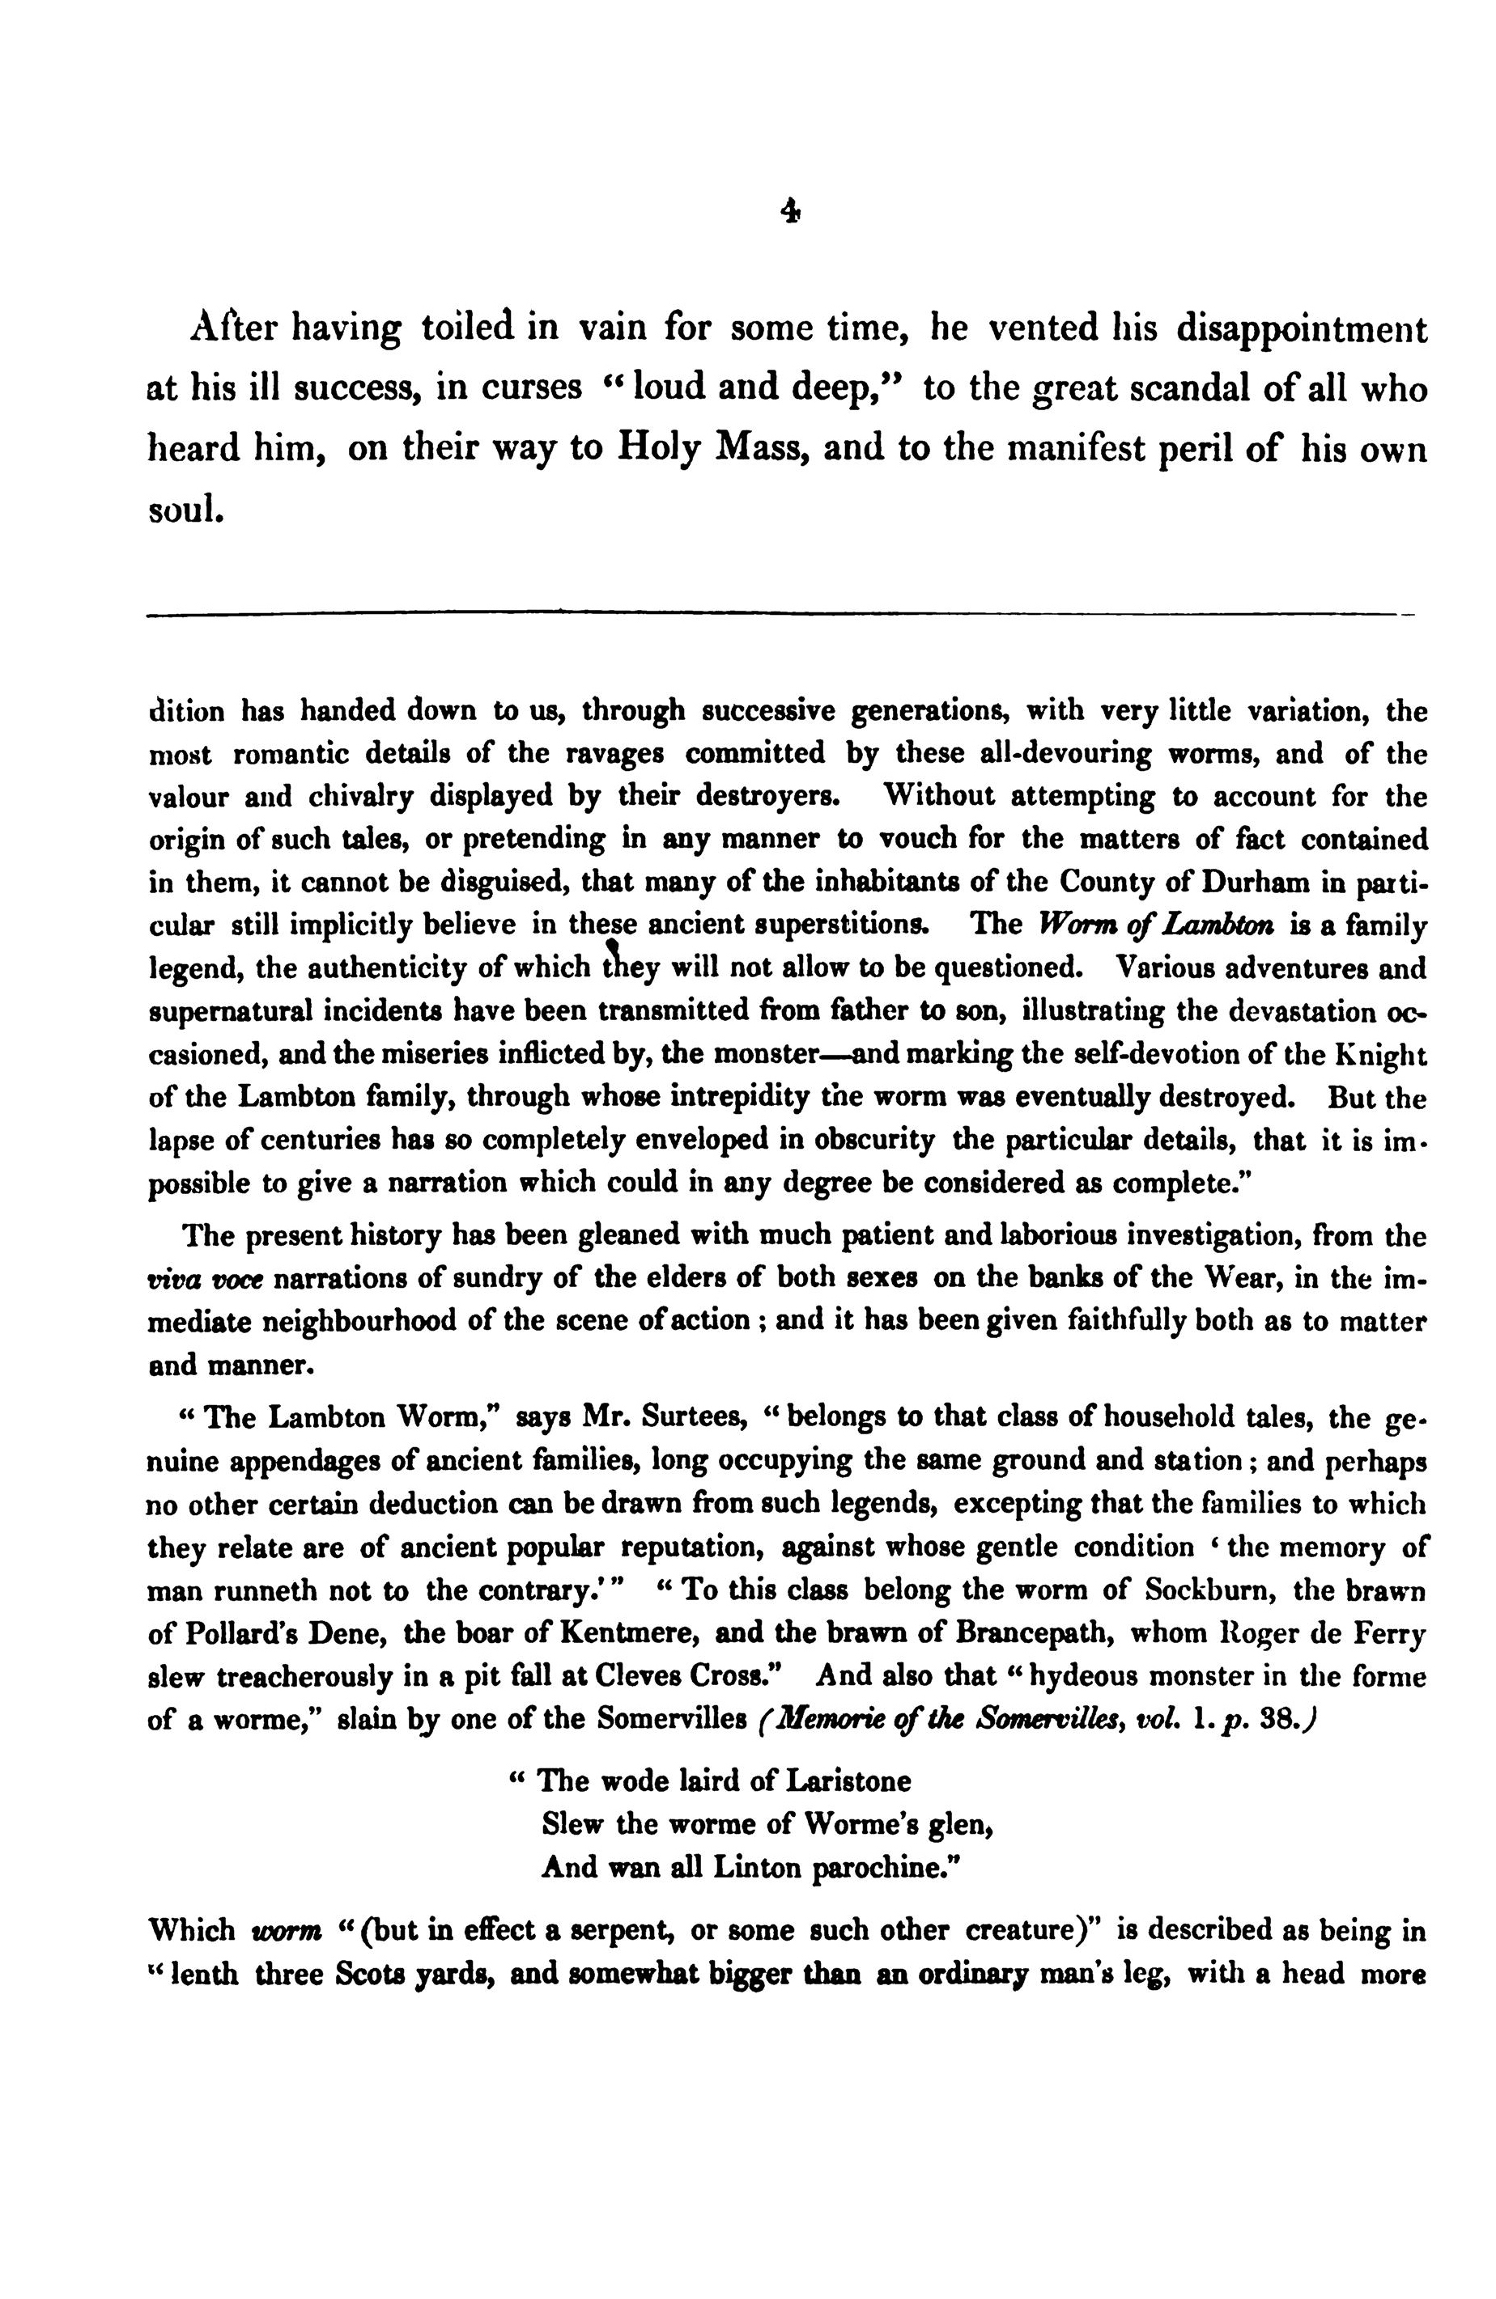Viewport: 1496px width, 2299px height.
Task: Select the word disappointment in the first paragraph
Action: click(x=1300, y=330)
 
